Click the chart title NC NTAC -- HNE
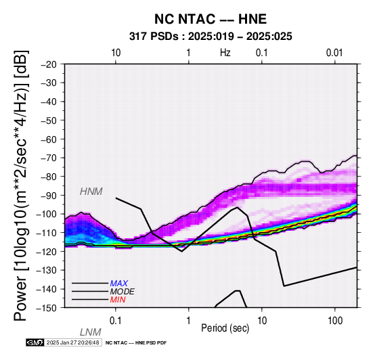[x=211, y=19]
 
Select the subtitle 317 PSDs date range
[x=211, y=37]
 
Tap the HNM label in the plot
[x=91, y=192]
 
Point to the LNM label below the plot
[x=91, y=332]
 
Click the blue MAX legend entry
[x=119, y=284]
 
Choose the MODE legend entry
[x=123, y=292]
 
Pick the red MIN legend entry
[x=118, y=300]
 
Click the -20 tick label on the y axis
[x=49, y=64]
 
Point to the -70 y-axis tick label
[x=49, y=158]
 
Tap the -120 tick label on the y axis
[x=47, y=252]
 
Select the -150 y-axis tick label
[x=47, y=308]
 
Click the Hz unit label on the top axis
[x=225, y=53]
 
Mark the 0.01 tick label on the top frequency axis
[x=334, y=53]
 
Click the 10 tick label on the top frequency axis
[x=116, y=53]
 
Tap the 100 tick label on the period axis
[x=335, y=321]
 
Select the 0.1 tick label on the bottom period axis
[x=115, y=321]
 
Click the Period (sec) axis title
[x=225, y=328]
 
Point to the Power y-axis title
[x=21, y=185]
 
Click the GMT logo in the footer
[x=35, y=342]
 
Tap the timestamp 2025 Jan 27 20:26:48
[x=72, y=342]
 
